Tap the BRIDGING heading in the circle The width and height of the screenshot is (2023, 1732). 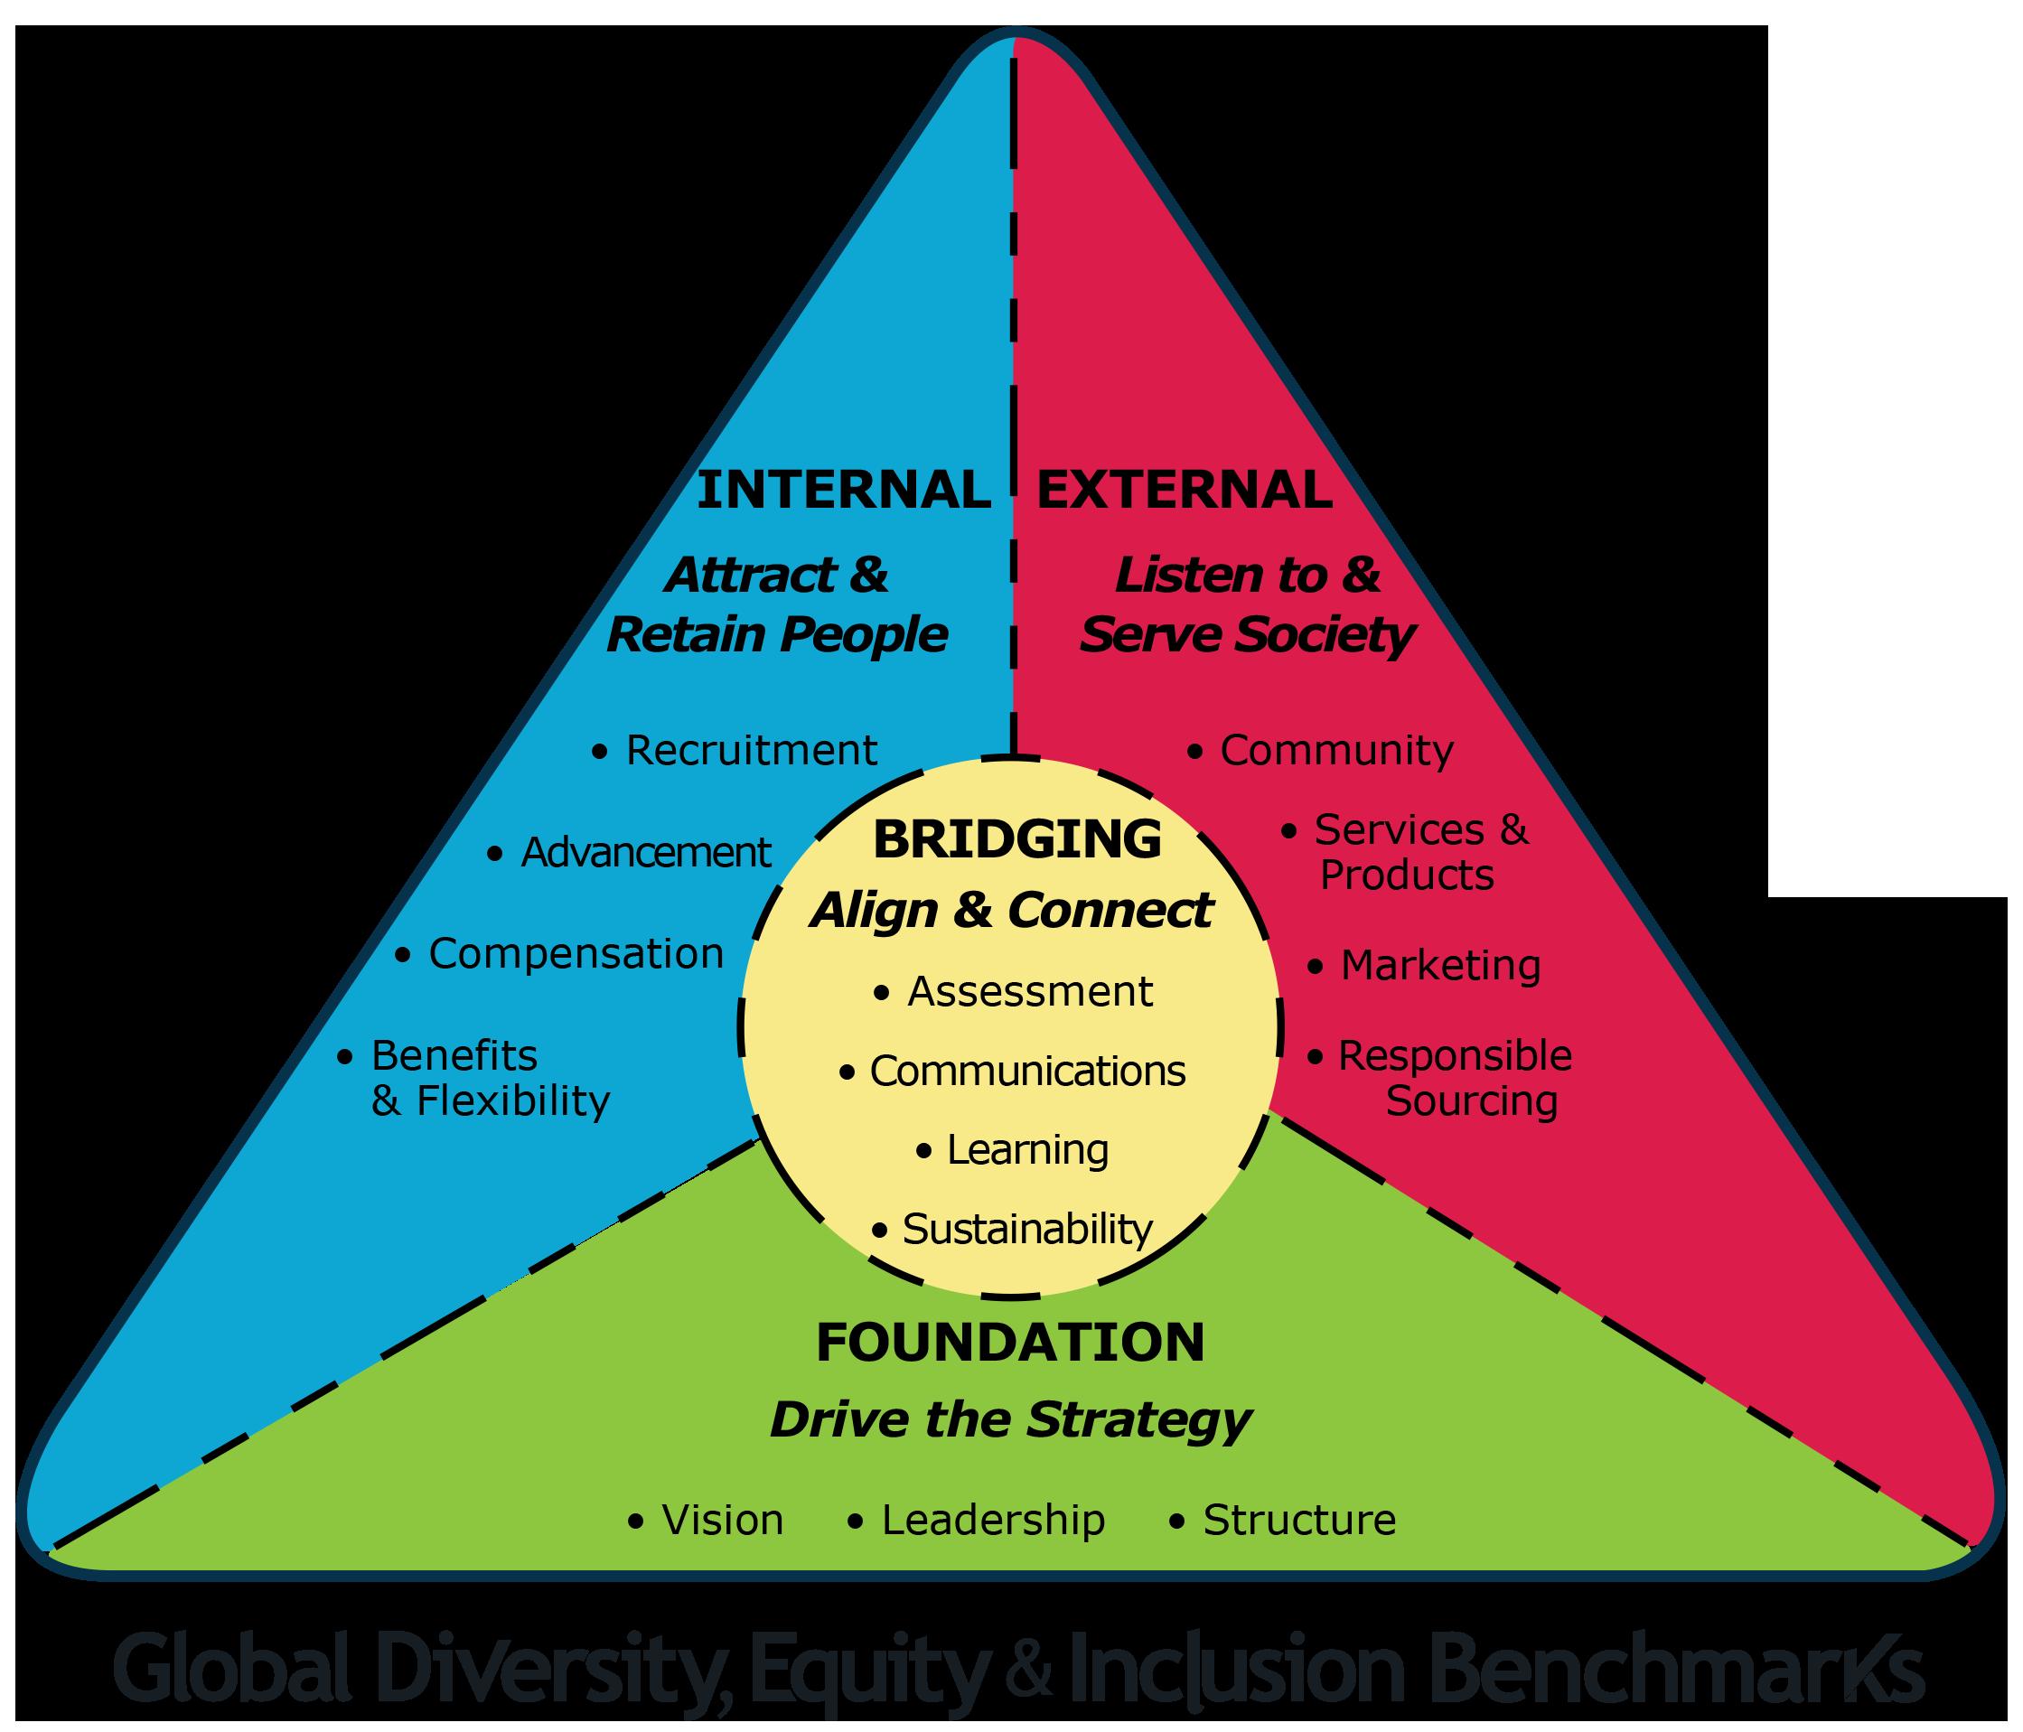coord(1017,839)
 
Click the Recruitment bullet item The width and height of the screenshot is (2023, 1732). coord(750,751)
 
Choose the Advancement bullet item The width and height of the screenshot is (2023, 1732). coord(645,852)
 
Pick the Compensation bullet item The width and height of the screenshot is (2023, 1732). coord(575,954)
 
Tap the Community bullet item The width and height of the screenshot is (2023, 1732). coord(1335,751)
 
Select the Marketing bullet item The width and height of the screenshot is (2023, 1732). coord(1440,966)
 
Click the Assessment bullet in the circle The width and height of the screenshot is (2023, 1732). coord(1029,992)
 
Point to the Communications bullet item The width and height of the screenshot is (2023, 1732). coord(1026,1071)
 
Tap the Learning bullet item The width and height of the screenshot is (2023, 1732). coord(1027,1150)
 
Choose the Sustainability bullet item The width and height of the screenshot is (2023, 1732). coord(1026,1229)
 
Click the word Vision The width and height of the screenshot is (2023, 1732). coord(723,1521)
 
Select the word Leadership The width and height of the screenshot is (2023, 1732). coord(993,1521)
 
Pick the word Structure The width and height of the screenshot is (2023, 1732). coord(1299,1521)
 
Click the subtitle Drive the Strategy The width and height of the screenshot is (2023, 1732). coord(1010,1419)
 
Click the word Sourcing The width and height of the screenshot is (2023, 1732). coord(1471,1101)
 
